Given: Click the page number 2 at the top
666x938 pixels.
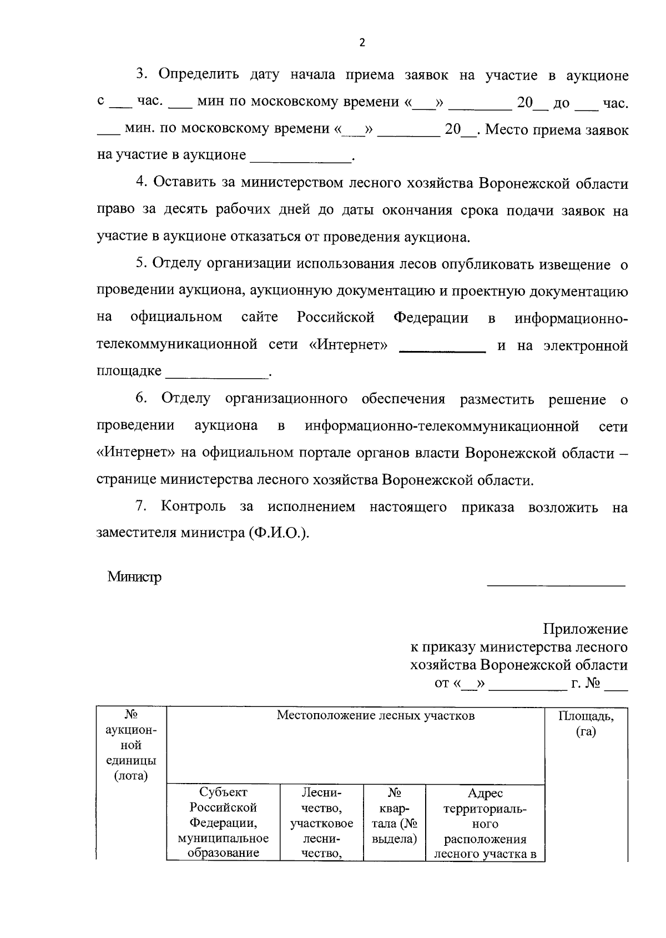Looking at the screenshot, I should coord(362,43).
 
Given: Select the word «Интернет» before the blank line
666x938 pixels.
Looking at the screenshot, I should coord(348,345).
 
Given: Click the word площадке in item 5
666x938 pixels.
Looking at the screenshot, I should coord(129,370).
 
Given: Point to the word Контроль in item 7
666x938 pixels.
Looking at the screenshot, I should coord(193,506).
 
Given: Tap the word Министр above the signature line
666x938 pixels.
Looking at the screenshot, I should coord(135,577).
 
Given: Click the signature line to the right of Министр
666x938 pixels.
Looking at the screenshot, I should coord(556,585).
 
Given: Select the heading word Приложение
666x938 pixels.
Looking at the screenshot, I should coord(586,629).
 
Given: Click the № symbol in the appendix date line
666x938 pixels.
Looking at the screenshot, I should coord(592,683).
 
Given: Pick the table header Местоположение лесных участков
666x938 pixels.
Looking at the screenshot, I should coord(376,715).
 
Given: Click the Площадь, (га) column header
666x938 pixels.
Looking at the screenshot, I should coord(586,724).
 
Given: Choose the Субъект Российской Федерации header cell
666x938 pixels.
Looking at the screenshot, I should coord(223,822).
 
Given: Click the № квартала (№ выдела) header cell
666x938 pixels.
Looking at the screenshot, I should coord(394,815).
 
